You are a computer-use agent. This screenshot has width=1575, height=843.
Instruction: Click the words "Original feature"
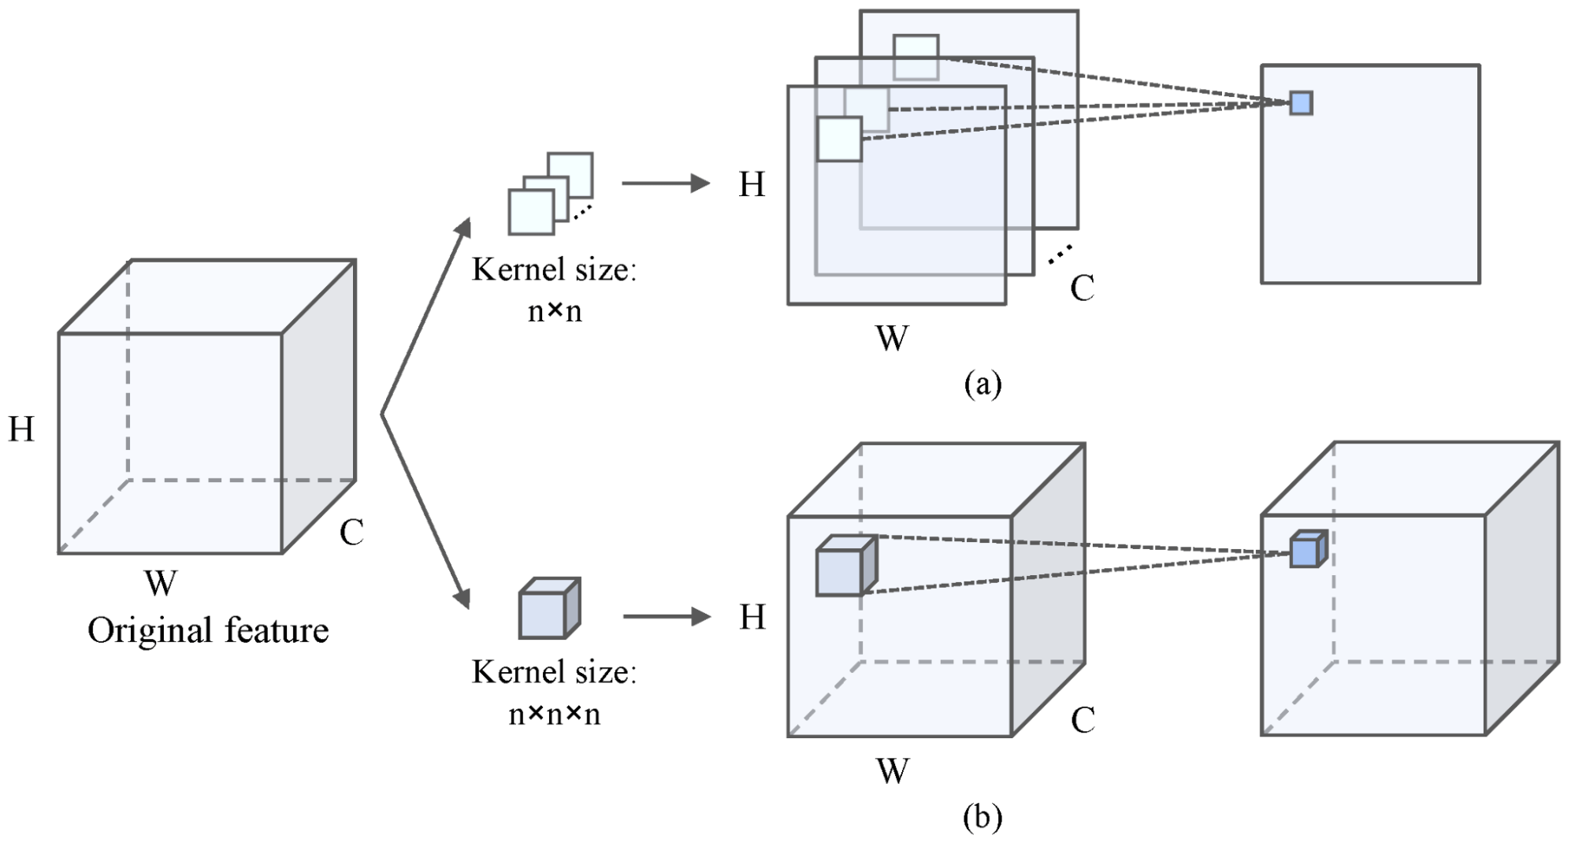pyautogui.click(x=208, y=630)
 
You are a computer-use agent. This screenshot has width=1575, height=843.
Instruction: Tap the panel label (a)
pyautogui.click(x=983, y=384)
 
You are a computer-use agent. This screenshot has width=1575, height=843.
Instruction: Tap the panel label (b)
pyautogui.click(x=983, y=817)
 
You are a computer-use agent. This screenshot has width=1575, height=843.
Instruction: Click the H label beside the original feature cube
pyautogui.click(x=21, y=429)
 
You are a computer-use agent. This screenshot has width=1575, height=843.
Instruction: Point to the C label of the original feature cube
pyautogui.click(x=351, y=533)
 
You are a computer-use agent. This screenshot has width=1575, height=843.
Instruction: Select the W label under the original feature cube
pyautogui.click(x=161, y=583)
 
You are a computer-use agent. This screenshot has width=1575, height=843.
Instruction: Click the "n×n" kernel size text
pyautogui.click(x=555, y=311)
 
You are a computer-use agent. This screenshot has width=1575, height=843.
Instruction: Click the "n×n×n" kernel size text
pyautogui.click(x=555, y=714)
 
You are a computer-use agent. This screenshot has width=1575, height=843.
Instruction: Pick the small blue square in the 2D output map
pyautogui.click(x=1301, y=103)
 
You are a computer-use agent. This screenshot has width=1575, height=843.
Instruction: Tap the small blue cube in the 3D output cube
pyautogui.click(x=1308, y=549)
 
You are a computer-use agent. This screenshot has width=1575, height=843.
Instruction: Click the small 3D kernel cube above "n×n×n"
pyautogui.click(x=549, y=608)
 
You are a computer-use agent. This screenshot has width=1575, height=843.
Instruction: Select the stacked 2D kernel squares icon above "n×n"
pyautogui.click(x=551, y=194)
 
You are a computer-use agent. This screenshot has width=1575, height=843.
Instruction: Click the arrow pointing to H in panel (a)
pyautogui.click(x=667, y=183)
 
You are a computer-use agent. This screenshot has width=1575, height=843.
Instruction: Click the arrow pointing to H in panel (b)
pyautogui.click(x=667, y=616)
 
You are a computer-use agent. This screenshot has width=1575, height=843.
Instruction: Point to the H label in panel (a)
pyautogui.click(x=752, y=184)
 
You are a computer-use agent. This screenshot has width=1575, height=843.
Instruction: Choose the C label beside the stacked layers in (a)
pyautogui.click(x=1082, y=288)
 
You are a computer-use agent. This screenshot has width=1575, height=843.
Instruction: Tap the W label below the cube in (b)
pyautogui.click(x=892, y=771)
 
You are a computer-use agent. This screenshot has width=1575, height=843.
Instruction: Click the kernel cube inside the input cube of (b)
pyautogui.click(x=846, y=566)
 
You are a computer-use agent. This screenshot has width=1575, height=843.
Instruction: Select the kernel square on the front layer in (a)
pyautogui.click(x=839, y=139)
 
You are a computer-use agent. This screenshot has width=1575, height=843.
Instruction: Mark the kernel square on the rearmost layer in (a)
pyautogui.click(x=916, y=57)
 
